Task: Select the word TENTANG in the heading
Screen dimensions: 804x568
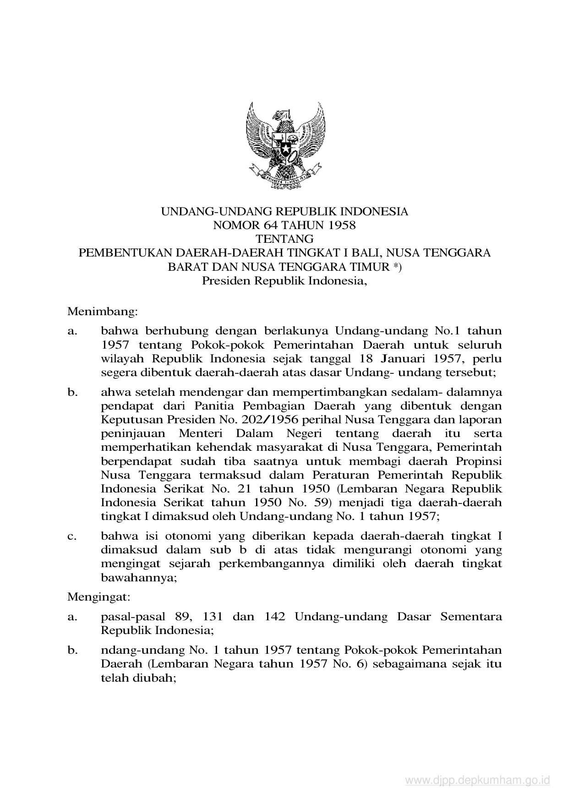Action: click(x=284, y=239)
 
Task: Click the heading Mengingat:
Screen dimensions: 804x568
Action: click(x=98, y=597)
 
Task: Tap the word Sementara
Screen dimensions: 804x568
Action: click(x=470, y=617)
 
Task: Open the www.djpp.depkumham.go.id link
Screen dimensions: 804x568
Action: click(x=477, y=780)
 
